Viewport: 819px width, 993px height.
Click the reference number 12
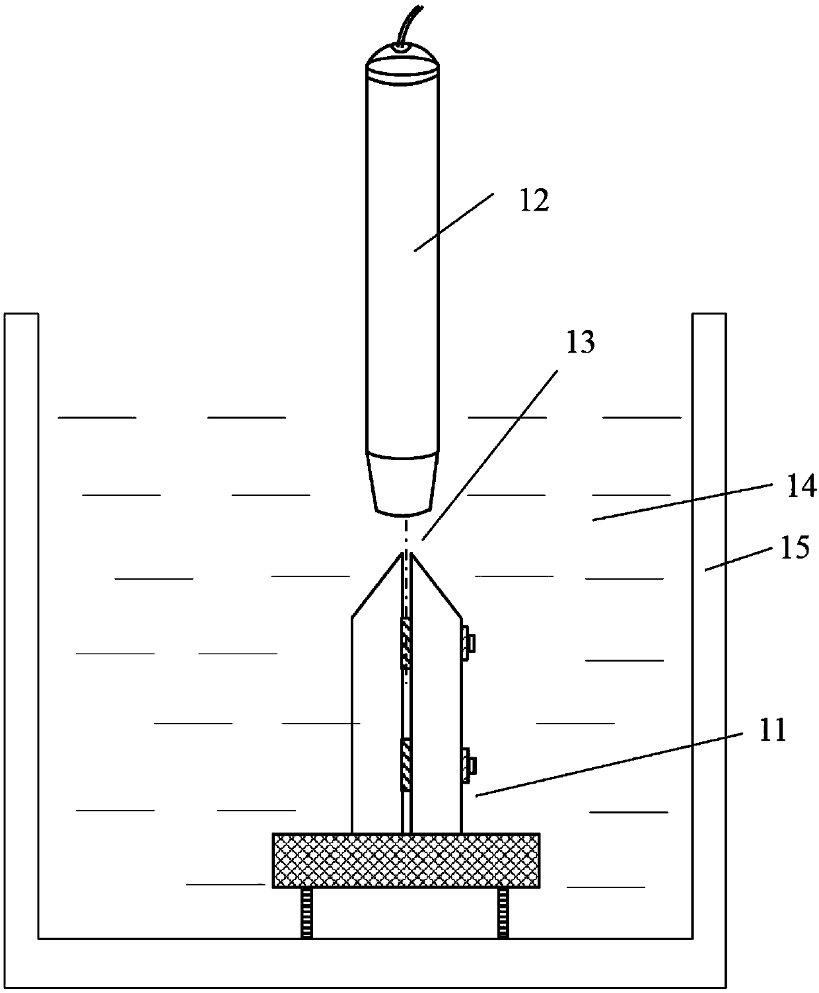click(x=534, y=201)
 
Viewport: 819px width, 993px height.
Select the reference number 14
click(x=801, y=487)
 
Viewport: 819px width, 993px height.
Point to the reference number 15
click(x=797, y=548)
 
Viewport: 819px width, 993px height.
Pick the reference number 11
click(x=772, y=731)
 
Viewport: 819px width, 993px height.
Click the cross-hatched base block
click(x=406, y=860)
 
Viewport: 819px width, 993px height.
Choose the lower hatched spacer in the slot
click(x=406, y=765)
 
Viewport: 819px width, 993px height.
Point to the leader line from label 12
click(x=454, y=222)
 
